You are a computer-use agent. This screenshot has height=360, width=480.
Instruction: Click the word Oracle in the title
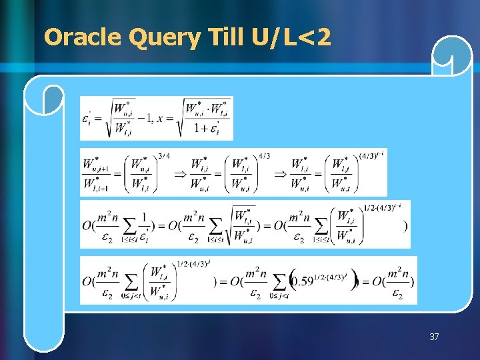coord(83,38)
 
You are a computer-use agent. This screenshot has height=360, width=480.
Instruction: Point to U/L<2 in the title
coord(291,38)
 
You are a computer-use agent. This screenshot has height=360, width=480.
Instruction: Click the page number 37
coord(434,337)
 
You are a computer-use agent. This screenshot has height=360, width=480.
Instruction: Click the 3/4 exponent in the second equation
coord(164,156)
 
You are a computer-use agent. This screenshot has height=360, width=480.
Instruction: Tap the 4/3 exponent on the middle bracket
coord(264,156)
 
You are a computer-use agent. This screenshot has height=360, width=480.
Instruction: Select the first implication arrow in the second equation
coord(178,173)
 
